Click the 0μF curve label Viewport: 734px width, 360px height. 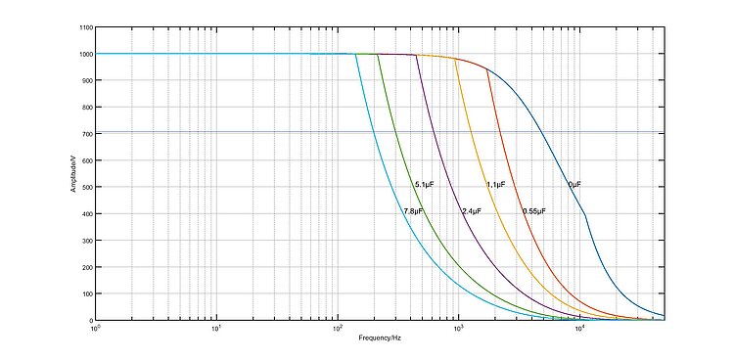tap(574, 185)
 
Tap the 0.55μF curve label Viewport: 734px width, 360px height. tap(534, 211)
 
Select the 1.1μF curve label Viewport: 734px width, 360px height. tap(496, 185)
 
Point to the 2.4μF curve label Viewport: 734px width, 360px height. tap(472, 211)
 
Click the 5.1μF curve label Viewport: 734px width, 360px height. tap(425, 185)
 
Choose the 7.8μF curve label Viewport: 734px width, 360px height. tap(413, 211)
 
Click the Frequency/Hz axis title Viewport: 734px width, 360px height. tap(380, 337)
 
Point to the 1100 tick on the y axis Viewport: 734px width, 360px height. tap(86, 27)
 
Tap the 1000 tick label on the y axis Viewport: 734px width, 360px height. tap(86, 54)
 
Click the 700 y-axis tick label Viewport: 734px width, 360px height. tap(87, 134)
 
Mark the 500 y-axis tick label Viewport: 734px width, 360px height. tap(87, 187)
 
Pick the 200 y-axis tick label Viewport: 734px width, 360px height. tap(87, 267)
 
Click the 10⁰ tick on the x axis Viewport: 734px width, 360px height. tap(96, 328)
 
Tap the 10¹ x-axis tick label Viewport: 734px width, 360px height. tap(216, 328)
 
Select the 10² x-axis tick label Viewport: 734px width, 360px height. tap(338, 328)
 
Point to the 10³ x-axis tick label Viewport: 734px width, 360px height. tap(459, 328)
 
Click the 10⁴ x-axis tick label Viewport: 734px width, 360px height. tap(580, 328)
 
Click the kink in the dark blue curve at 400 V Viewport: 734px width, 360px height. tap(585, 214)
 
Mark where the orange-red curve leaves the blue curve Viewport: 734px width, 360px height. tap(487, 69)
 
